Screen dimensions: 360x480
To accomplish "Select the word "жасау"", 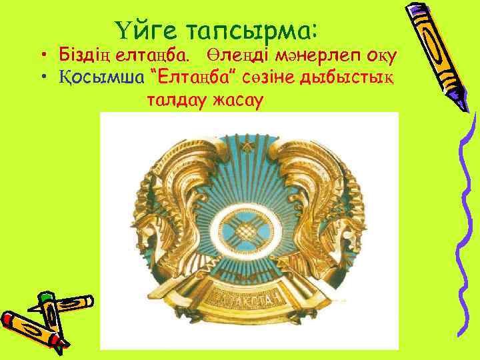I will point(238,100).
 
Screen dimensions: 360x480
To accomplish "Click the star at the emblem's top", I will point(248,143).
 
